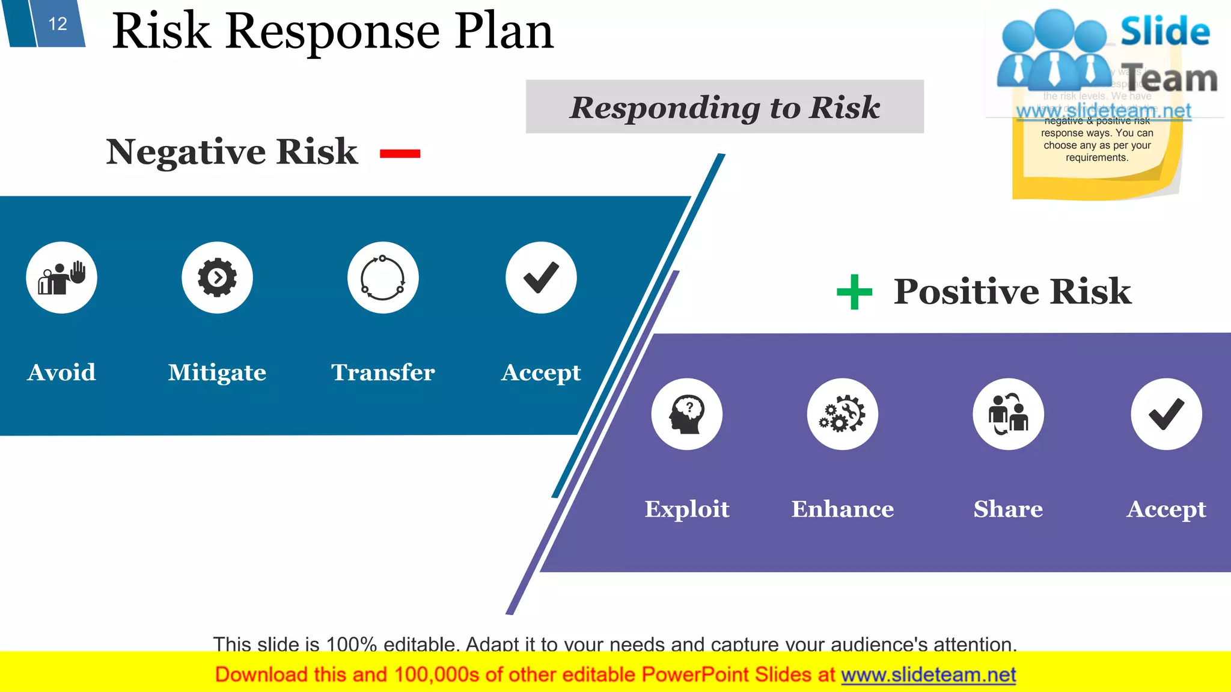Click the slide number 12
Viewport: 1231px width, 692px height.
[x=58, y=24]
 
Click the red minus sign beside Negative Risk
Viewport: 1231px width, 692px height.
[x=400, y=154]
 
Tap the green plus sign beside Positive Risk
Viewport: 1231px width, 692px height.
[x=854, y=292]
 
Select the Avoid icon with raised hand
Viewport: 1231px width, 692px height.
[x=61, y=278]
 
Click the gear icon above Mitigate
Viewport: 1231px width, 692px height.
[x=217, y=278]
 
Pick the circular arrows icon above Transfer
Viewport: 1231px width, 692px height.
[x=383, y=278]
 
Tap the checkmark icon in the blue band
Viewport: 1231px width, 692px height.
[x=541, y=278]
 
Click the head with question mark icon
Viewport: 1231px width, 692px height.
[x=686, y=414]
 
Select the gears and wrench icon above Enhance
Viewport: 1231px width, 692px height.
[x=842, y=414]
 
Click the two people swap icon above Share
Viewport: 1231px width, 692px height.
[x=1008, y=414]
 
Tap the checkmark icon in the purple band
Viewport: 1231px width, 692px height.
[x=1166, y=414]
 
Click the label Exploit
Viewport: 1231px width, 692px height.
[x=686, y=509]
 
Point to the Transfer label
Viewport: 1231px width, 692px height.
[x=383, y=372]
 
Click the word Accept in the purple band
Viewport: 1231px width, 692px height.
[x=1166, y=509]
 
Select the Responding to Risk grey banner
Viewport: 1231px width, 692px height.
[x=724, y=107]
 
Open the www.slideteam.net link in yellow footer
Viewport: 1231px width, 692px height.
[x=928, y=675]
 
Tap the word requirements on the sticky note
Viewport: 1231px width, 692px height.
[x=1096, y=158]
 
